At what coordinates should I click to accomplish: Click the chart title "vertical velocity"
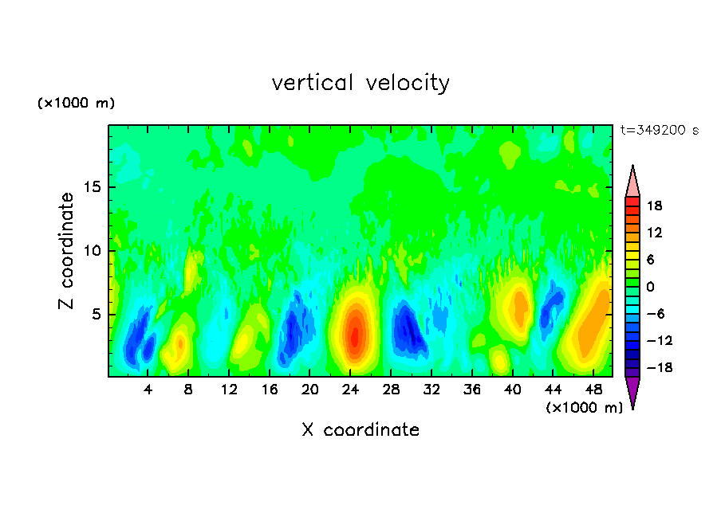[x=360, y=83]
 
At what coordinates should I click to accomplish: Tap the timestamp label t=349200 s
[x=659, y=131]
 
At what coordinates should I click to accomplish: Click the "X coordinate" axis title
[x=360, y=430]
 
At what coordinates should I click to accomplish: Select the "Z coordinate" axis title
[x=67, y=251]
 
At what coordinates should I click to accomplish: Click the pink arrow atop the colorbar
[x=632, y=181]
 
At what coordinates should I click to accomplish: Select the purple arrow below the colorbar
[x=632, y=392]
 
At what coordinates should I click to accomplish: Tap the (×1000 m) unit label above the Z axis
[x=77, y=104]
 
